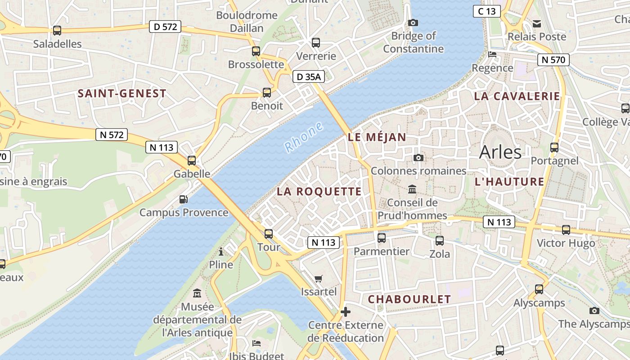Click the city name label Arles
(x=500, y=152)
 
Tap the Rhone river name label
(x=304, y=137)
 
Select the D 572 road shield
(x=165, y=27)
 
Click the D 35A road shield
(x=309, y=77)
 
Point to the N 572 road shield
(x=112, y=134)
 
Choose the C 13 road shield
(x=486, y=11)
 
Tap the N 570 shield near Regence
(x=553, y=59)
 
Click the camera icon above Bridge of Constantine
(x=413, y=22)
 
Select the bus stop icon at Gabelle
(x=192, y=160)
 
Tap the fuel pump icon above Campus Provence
(x=184, y=199)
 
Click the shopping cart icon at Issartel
(x=319, y=279)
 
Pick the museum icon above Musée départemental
(x=197, y=293)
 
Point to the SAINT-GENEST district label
(x=122, y=94)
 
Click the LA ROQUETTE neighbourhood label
(x=319, y=192)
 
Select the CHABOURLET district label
(x=409, y=299)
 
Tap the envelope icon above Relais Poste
(x=537, y=23)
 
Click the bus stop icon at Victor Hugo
(x=566, y=230)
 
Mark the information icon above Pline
(x=221, y=251)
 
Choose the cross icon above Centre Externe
(x=346, y=311)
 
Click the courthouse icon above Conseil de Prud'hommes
(x=412, y=189)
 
